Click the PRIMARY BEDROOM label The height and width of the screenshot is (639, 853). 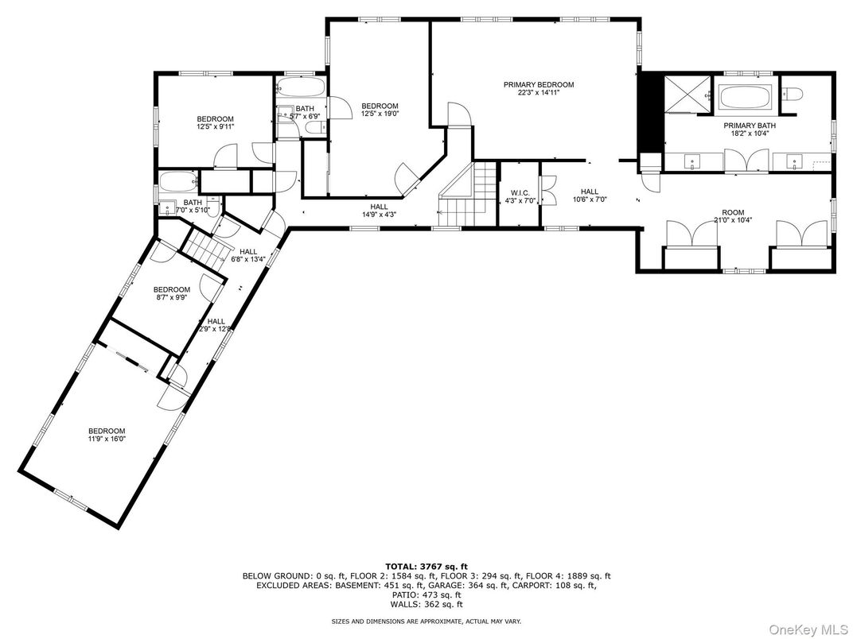coord(539,84)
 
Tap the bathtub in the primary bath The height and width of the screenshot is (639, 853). coord(746,99)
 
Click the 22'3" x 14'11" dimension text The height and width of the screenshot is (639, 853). coord(539,93)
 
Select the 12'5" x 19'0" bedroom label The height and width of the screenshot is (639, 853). coord(380,110)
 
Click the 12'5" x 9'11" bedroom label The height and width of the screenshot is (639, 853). coord(215,122)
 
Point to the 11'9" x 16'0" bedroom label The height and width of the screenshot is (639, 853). coord(107,435)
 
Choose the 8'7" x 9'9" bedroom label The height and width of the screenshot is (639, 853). coord(172,293)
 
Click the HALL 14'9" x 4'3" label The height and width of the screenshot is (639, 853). coord(379,210)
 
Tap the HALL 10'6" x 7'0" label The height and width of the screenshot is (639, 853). coord(589,196)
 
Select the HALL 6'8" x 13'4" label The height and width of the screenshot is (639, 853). coord(247,255)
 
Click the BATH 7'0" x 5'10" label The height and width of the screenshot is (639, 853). coord(193,207)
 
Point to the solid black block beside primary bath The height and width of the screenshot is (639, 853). coord(650,110)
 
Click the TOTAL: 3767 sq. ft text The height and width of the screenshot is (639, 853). coord(426,566)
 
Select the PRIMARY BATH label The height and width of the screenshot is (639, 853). coord(749,129)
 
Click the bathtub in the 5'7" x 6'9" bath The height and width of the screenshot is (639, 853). coord(302,87)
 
